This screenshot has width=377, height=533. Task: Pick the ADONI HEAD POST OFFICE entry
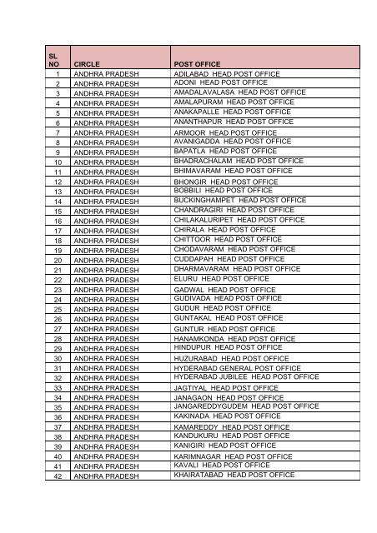coord(220,83)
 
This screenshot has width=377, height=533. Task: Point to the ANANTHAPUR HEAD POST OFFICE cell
coord(234,122)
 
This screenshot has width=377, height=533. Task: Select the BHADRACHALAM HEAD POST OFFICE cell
coord(239,161)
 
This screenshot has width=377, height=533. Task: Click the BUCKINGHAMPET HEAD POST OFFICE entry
coord(240,200)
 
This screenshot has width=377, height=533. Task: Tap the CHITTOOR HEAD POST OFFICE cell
coord(228,239)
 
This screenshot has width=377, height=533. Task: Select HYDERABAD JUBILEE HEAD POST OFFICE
coord(246,376)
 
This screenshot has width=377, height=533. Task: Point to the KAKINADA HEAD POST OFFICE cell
coord(227,416)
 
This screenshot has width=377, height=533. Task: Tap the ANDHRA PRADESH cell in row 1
coord(107,74)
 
